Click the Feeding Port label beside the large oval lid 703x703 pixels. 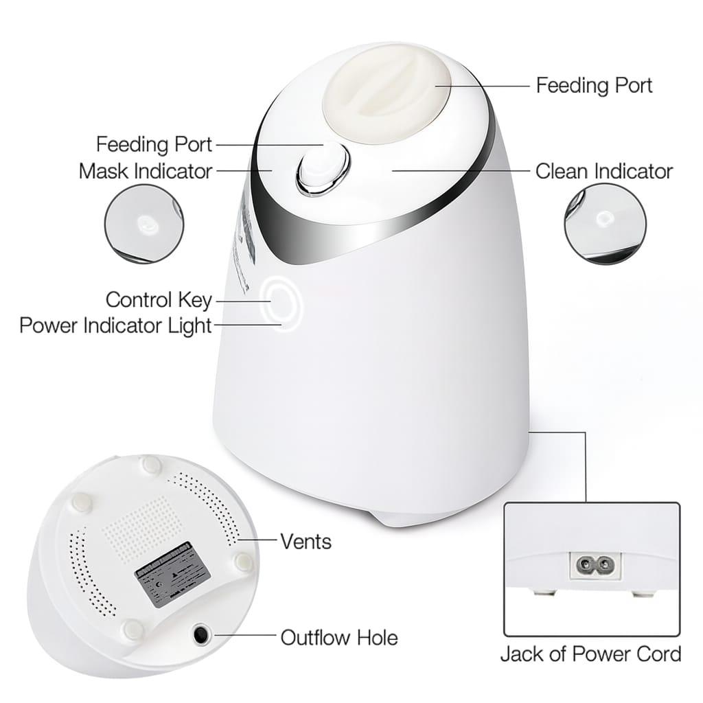pyautogui.click(x=593, y=85)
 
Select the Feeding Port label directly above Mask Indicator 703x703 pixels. pyautogui.click(x=154, y=145)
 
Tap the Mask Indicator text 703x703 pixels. pyautogui.click(x=146, y=170)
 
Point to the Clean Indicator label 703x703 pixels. pyautogui.click(x=603, y=171)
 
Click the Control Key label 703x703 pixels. pyautogui.click(x=159, y=300)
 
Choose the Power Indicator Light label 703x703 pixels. pyautogui.click(x=115, y=325)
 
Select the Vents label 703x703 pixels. pyautogui.click(x=306, y=541)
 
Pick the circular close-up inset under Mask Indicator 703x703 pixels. pyautogui.click(x=143, y=223)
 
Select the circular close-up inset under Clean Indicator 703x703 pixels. pyautogui.click(x=605, y=223)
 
